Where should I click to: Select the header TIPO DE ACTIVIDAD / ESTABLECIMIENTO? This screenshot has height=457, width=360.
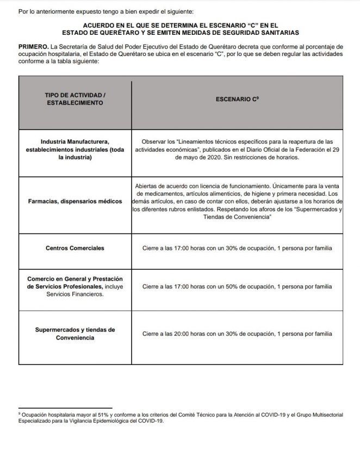point(75,98)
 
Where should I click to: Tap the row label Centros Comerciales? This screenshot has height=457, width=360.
point(75,248)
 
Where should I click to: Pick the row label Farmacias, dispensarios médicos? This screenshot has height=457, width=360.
point(75,201)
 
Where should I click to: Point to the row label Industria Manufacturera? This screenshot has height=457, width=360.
point(75,141)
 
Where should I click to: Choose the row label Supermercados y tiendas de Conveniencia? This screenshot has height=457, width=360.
point(75,334)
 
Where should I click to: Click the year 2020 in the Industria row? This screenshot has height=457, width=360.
point(209,158)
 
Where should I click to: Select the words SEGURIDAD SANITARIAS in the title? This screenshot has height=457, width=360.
point(255,33)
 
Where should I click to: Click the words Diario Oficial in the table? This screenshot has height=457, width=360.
point(262,149)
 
